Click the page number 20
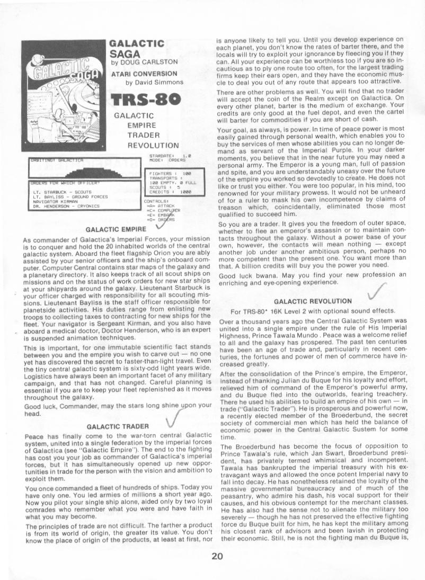pyautogui.click(x=217, y=556)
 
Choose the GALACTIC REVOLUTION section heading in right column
pyautogui.click(x=312, y=301)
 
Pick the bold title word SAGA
pyautogui.click(x=125, y=53)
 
